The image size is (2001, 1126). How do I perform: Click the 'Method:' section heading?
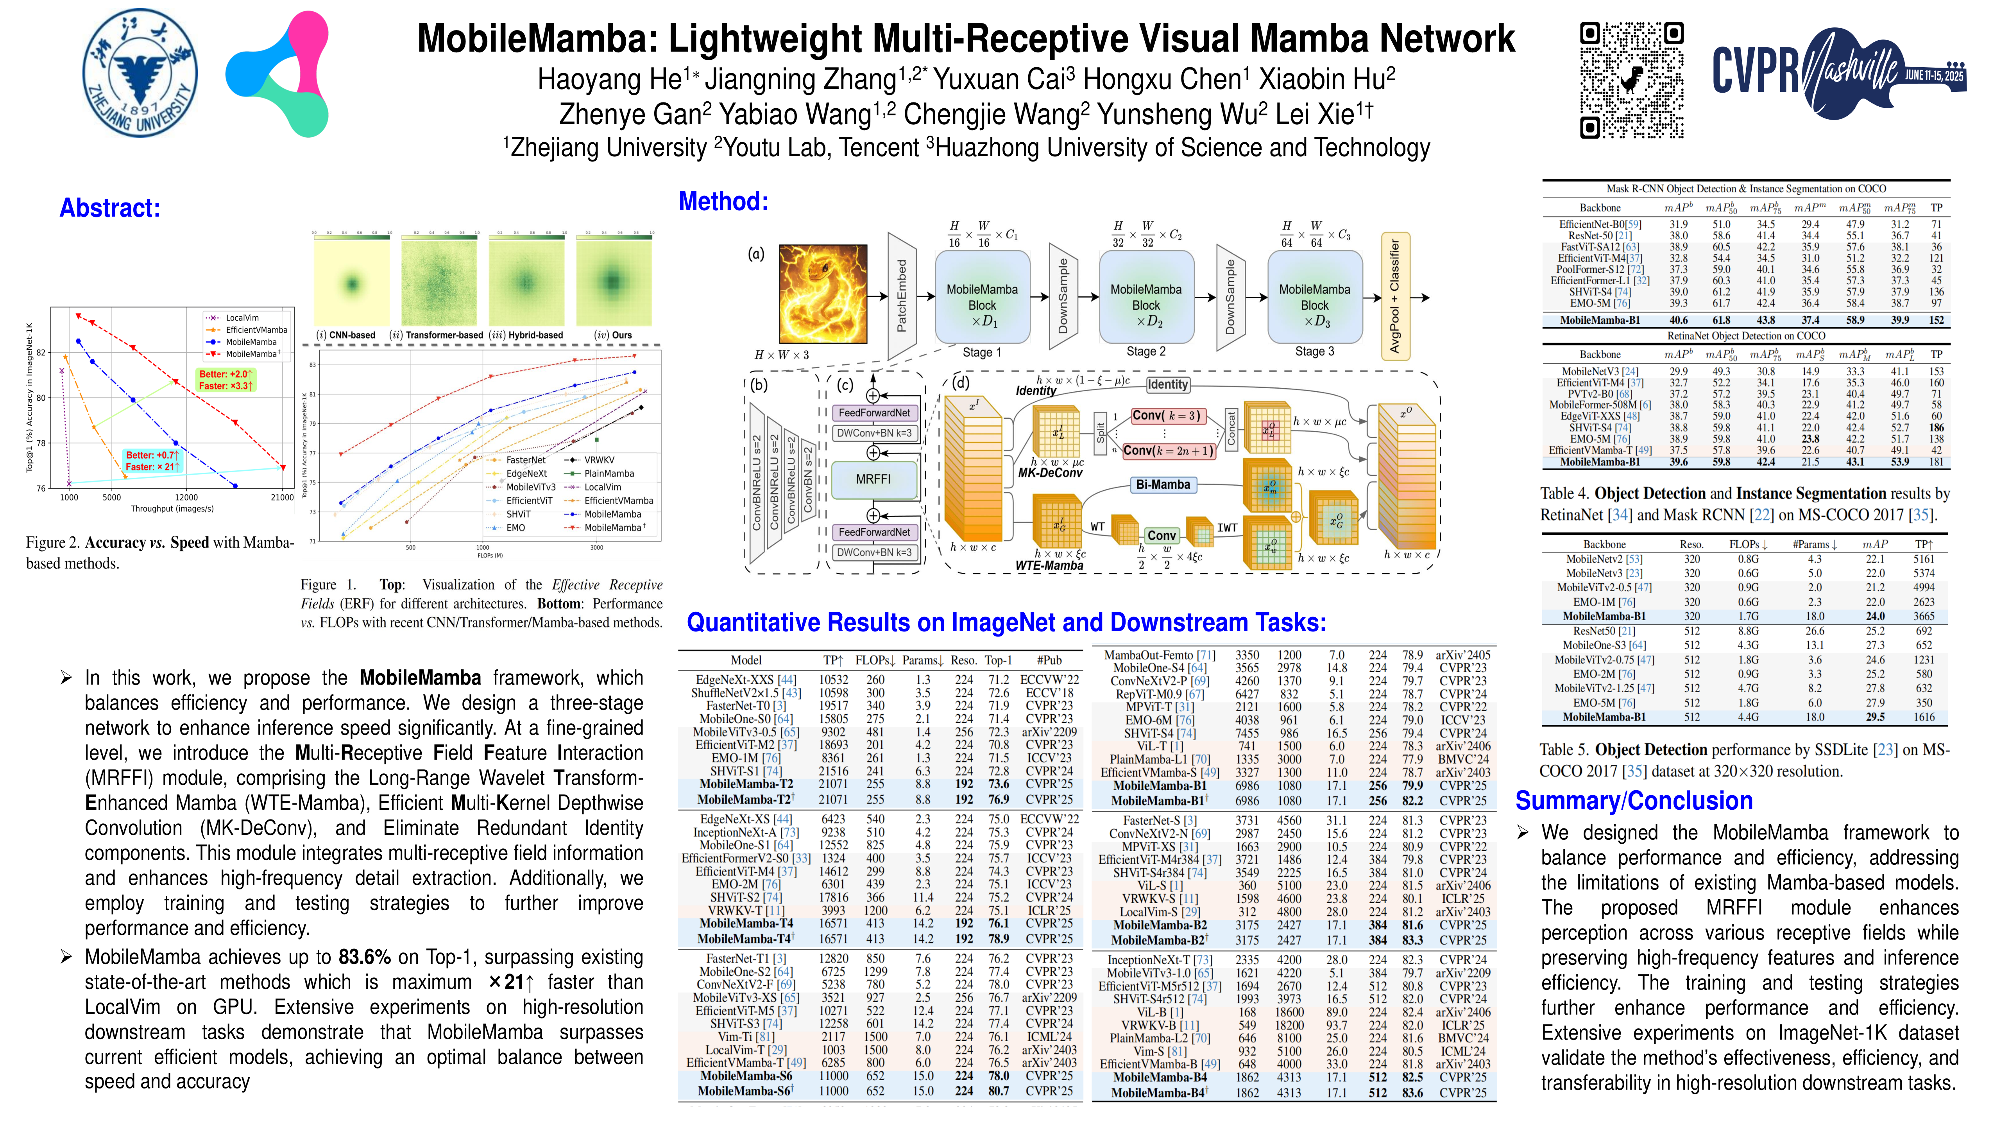(723, 201)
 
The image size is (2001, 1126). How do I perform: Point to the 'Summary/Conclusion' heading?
(1634, 800)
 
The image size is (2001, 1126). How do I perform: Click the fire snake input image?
(823, 294)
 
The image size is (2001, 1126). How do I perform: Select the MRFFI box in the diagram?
(873, 479)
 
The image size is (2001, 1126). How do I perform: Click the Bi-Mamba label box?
(1162, 485)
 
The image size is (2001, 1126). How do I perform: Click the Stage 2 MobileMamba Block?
(1146, 297)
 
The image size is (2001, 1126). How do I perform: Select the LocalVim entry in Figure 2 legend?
(242, 318)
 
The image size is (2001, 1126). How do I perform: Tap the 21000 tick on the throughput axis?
(282, 497)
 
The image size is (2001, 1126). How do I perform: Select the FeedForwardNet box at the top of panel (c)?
(873, 412)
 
